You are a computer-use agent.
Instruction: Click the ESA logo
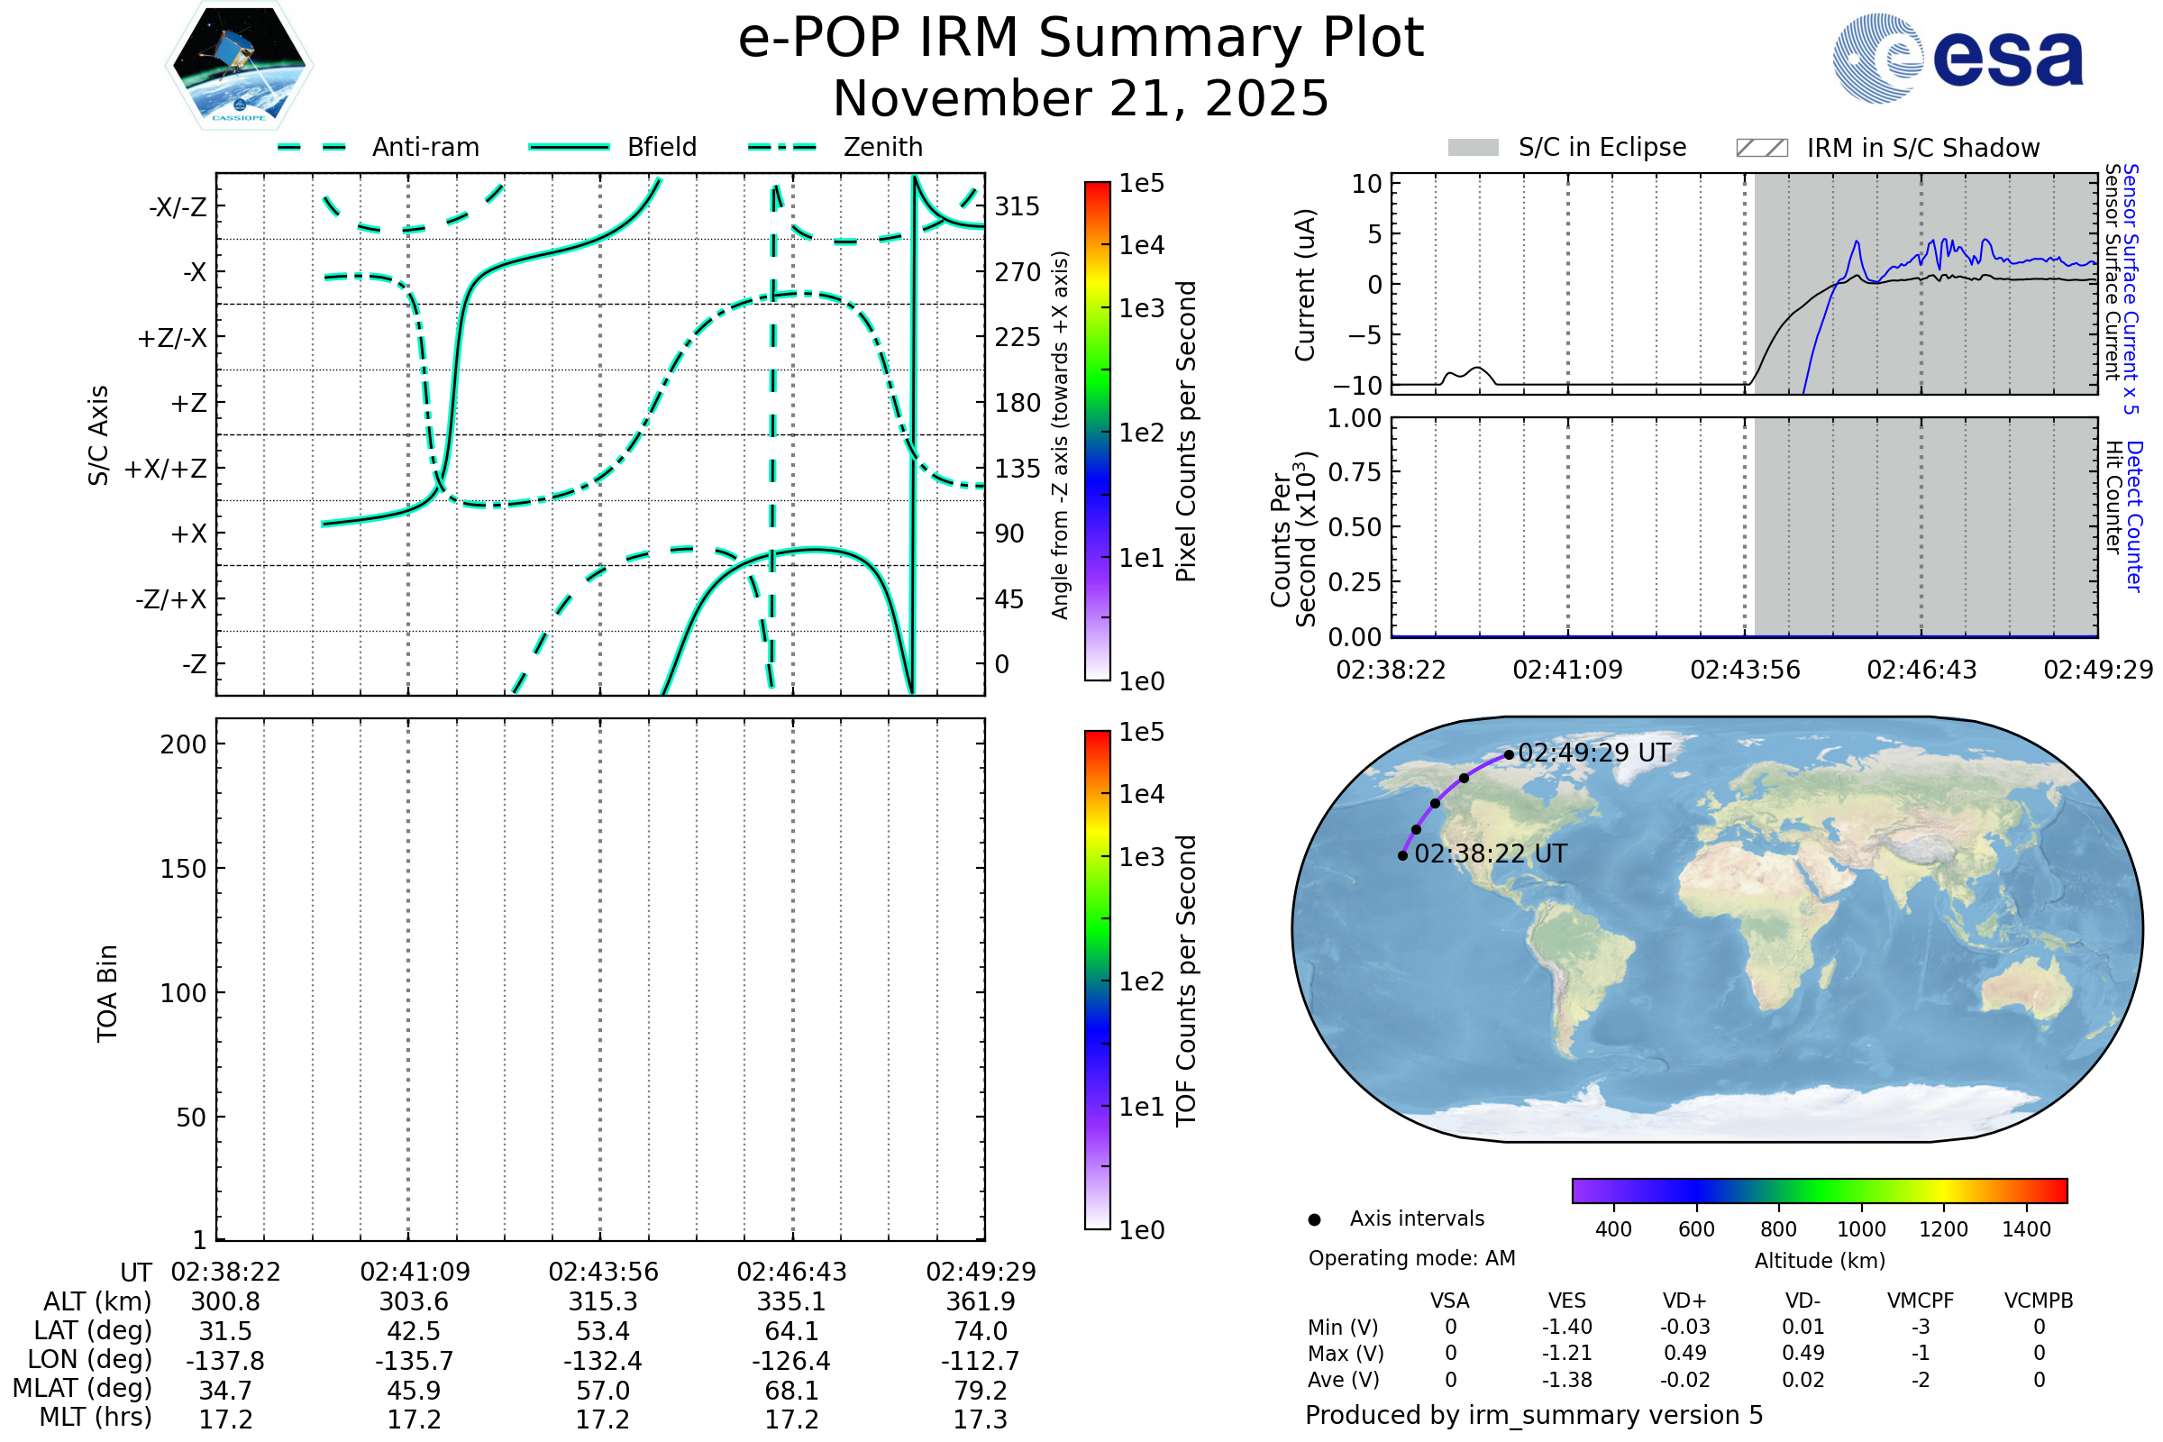(x=1958, y=58)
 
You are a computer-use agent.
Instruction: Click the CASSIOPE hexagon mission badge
(x=239, y=65)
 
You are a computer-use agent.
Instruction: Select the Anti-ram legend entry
(x=378, y=147)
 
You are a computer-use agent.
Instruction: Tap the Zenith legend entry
(x=835, y=147)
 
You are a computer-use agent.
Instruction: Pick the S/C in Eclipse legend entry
(x=1567, y=147)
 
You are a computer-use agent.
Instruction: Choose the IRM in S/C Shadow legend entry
(x=1888, y=147)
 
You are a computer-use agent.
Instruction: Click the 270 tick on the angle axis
(x=1018, y=272)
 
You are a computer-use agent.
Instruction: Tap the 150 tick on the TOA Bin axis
(x=183, y=869)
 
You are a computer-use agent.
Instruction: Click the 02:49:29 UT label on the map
(x=1593, y=753)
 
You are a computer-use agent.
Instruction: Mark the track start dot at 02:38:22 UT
(x=1402, y=855)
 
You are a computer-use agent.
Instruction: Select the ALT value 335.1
(x=792, y=1302)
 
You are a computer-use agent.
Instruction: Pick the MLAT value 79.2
(x=981, y=1391)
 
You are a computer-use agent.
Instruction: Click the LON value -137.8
(x=225, y=1360)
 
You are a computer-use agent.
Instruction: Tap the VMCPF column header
(x=1921, y=1301)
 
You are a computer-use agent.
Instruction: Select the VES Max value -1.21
(x=1567, y=1353)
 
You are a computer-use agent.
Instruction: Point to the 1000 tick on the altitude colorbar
(x=1861, y=1229)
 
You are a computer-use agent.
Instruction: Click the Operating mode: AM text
(x=1411, y=1258)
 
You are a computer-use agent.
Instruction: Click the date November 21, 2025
(x=1081, y=98)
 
